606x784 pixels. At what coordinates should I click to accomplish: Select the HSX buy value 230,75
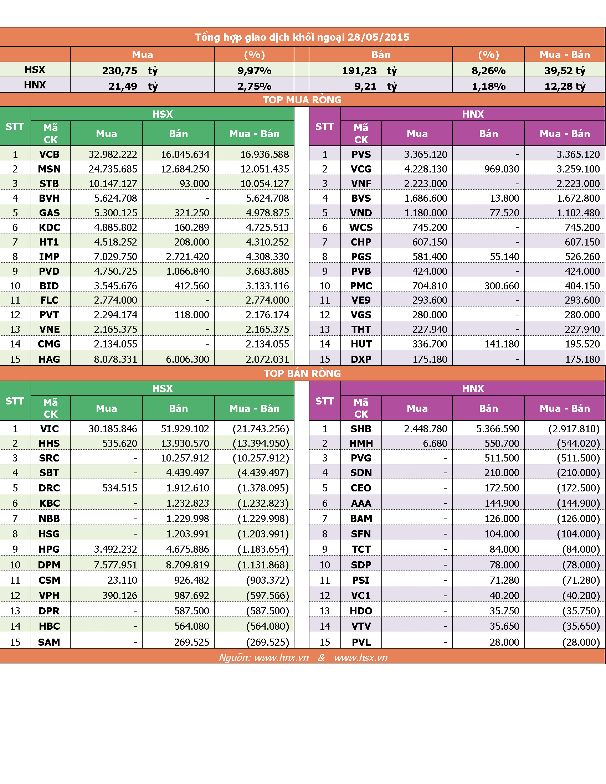pos(119,71)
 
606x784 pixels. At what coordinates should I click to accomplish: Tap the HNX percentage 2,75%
pos(254,87)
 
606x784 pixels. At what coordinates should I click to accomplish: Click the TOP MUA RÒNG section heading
pos(302,100)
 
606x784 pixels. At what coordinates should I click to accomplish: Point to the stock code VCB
pos(49,154)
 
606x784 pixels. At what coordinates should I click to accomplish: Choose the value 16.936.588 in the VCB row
pos(265,154)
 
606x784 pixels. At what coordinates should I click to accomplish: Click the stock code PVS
pos(361,154)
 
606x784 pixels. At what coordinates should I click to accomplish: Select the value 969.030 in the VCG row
pos(502,169)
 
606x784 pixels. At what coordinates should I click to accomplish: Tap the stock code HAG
pos(49,359)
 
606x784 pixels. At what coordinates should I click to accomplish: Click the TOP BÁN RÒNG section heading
pos(302,374)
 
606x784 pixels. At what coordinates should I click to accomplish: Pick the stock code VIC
pos(49,429)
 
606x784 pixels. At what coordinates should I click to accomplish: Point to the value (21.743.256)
pos(261,429)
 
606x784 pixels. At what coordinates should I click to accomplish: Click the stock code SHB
pos(361,429)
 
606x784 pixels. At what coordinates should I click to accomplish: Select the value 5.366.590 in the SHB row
pos(498,429)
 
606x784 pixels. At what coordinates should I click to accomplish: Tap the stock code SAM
pos(49,642)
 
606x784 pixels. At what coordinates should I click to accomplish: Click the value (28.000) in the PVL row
pos(581,642)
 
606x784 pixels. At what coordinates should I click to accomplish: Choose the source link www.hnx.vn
pos(281,657)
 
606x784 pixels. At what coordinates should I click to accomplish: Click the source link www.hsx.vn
pos(360,657)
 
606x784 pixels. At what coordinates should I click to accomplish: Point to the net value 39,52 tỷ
pos(565,71)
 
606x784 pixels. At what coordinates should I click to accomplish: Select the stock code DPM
pos(49,565)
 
